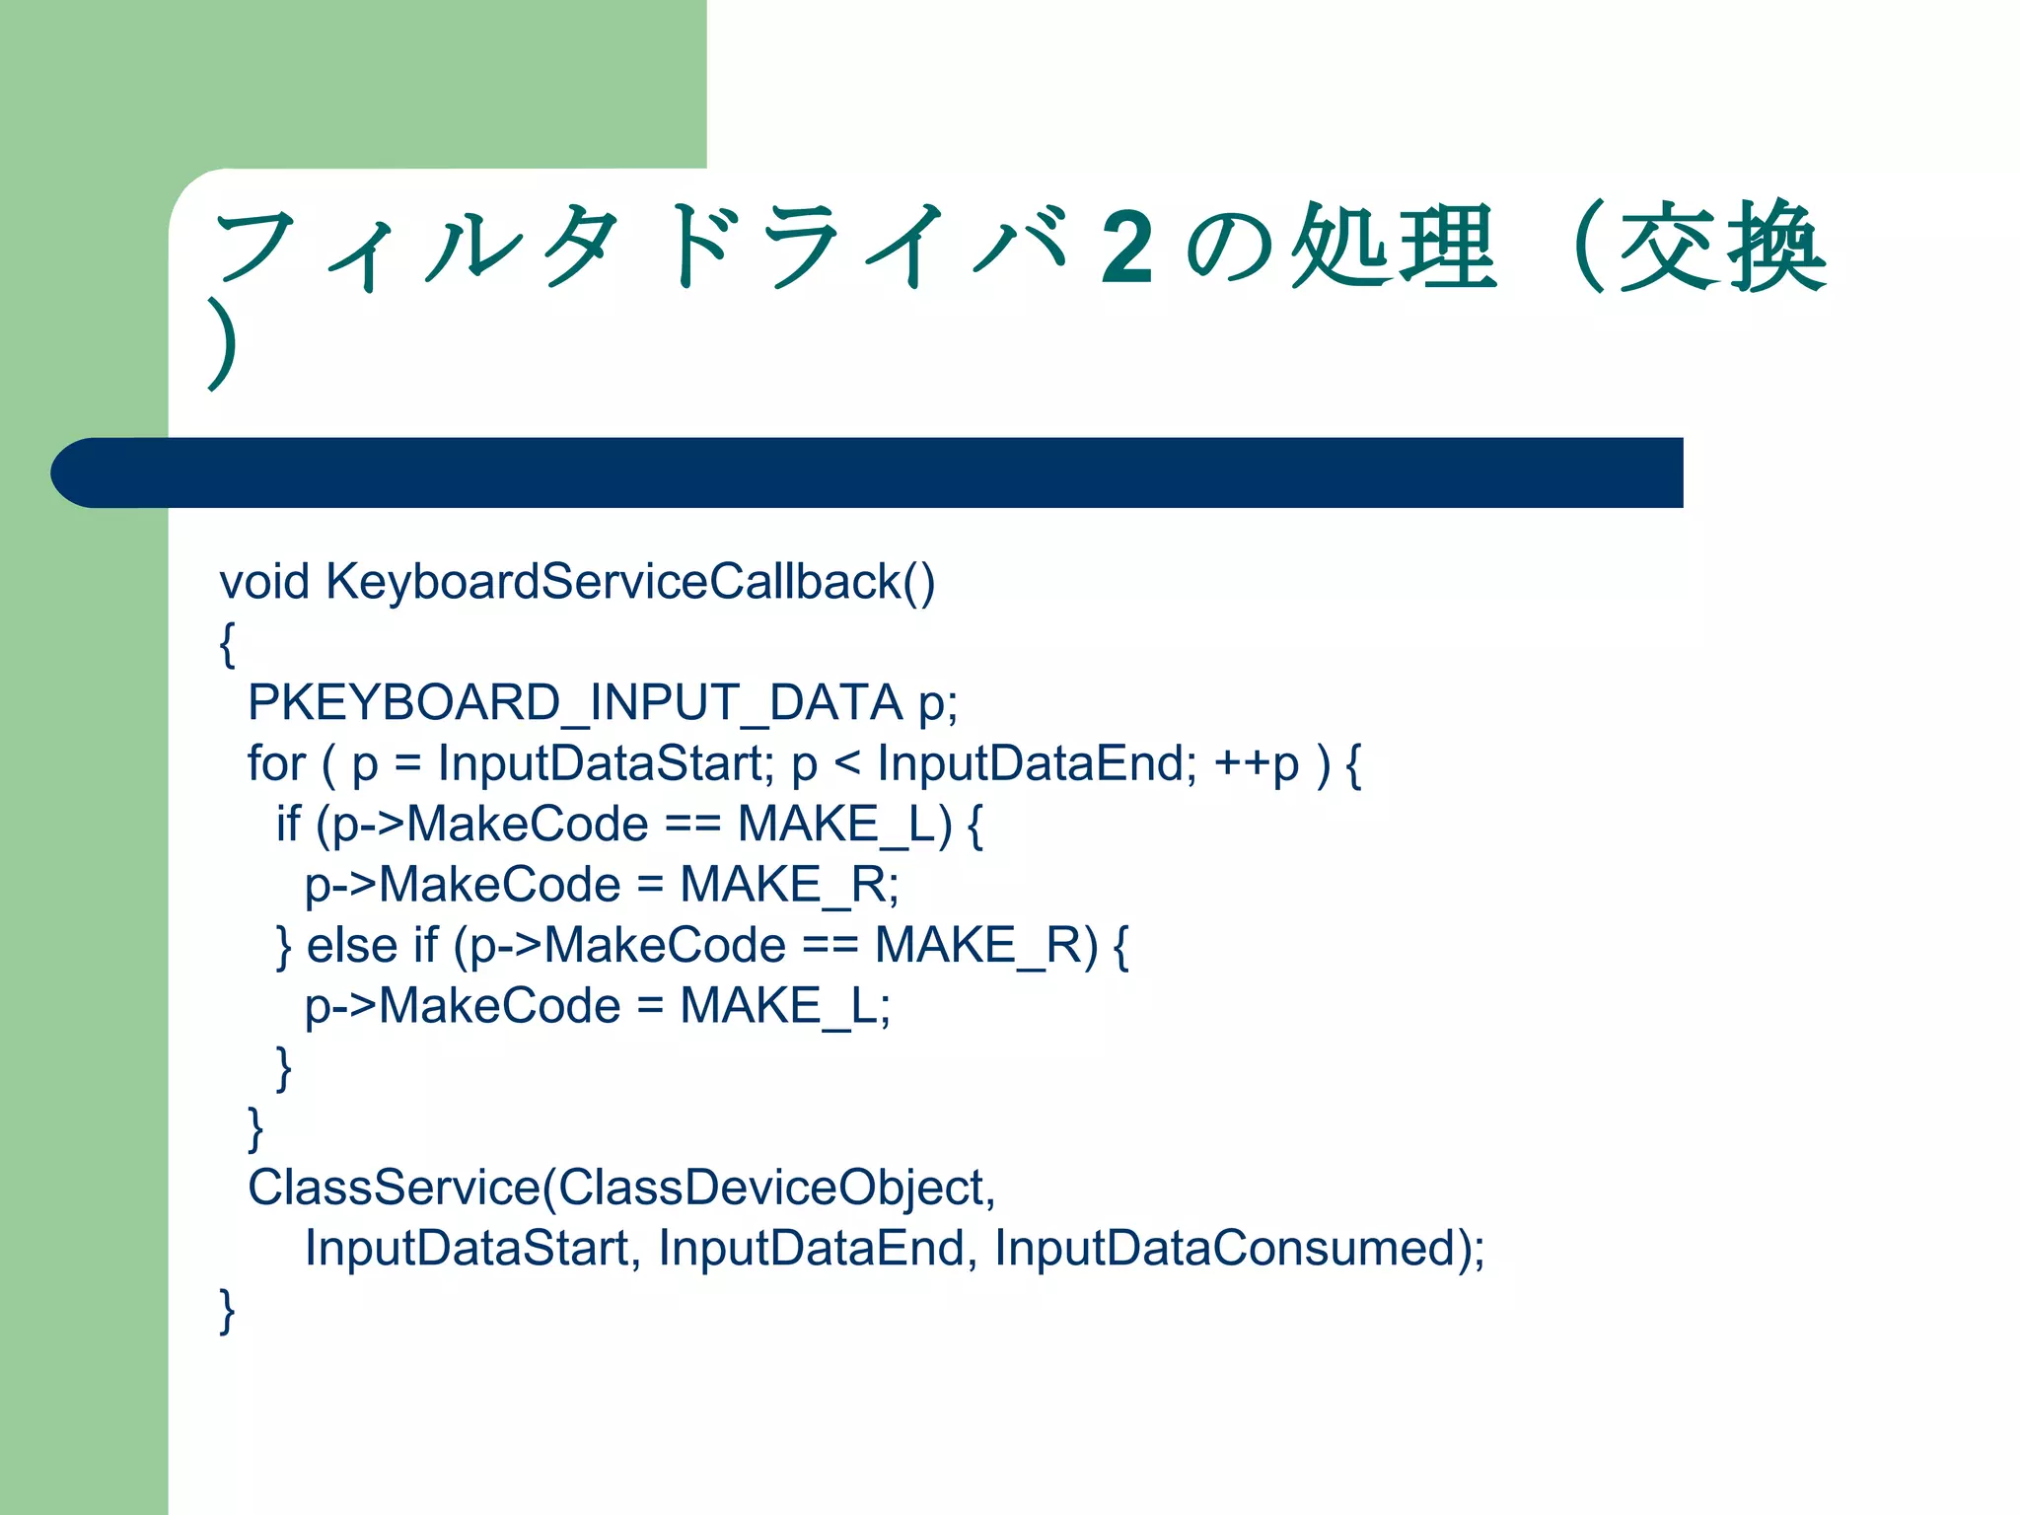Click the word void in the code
pyautogui.click(x=264, y=582)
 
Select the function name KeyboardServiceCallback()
pyautogui.click(x=630, y=582)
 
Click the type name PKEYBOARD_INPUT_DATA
pyautogui.click(x=575, y=703)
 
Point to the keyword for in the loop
pyautogui.click(x=277, y=763)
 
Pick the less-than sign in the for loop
pyautogui.click(x=847, y=763)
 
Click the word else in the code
pyautogui.click(x=352, y=946)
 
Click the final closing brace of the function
pyautogui.click(x=228, y=1311)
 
